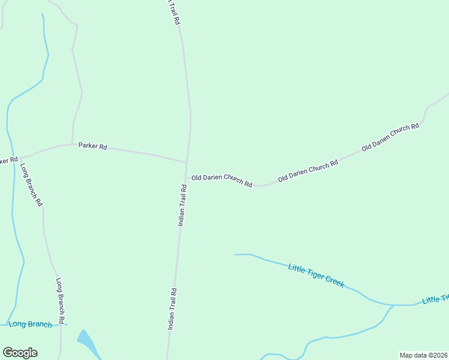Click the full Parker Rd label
(92, 146)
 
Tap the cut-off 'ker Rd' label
(8, 160)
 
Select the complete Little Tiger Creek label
(316, 275)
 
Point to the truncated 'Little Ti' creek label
(435, 299)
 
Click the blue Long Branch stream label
(31, 325)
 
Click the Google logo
(20, 353)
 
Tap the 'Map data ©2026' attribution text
(424, 355)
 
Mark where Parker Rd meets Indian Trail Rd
(187, 162)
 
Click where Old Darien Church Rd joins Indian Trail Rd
(186, 177)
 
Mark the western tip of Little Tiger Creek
(236, 254)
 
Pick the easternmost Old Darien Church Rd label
(390, 137)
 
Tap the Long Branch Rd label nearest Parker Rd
(31, 185)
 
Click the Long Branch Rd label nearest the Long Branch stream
(60, 298)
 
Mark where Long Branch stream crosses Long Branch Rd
(61, 325)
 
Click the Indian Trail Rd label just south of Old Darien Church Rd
(182, 205)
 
